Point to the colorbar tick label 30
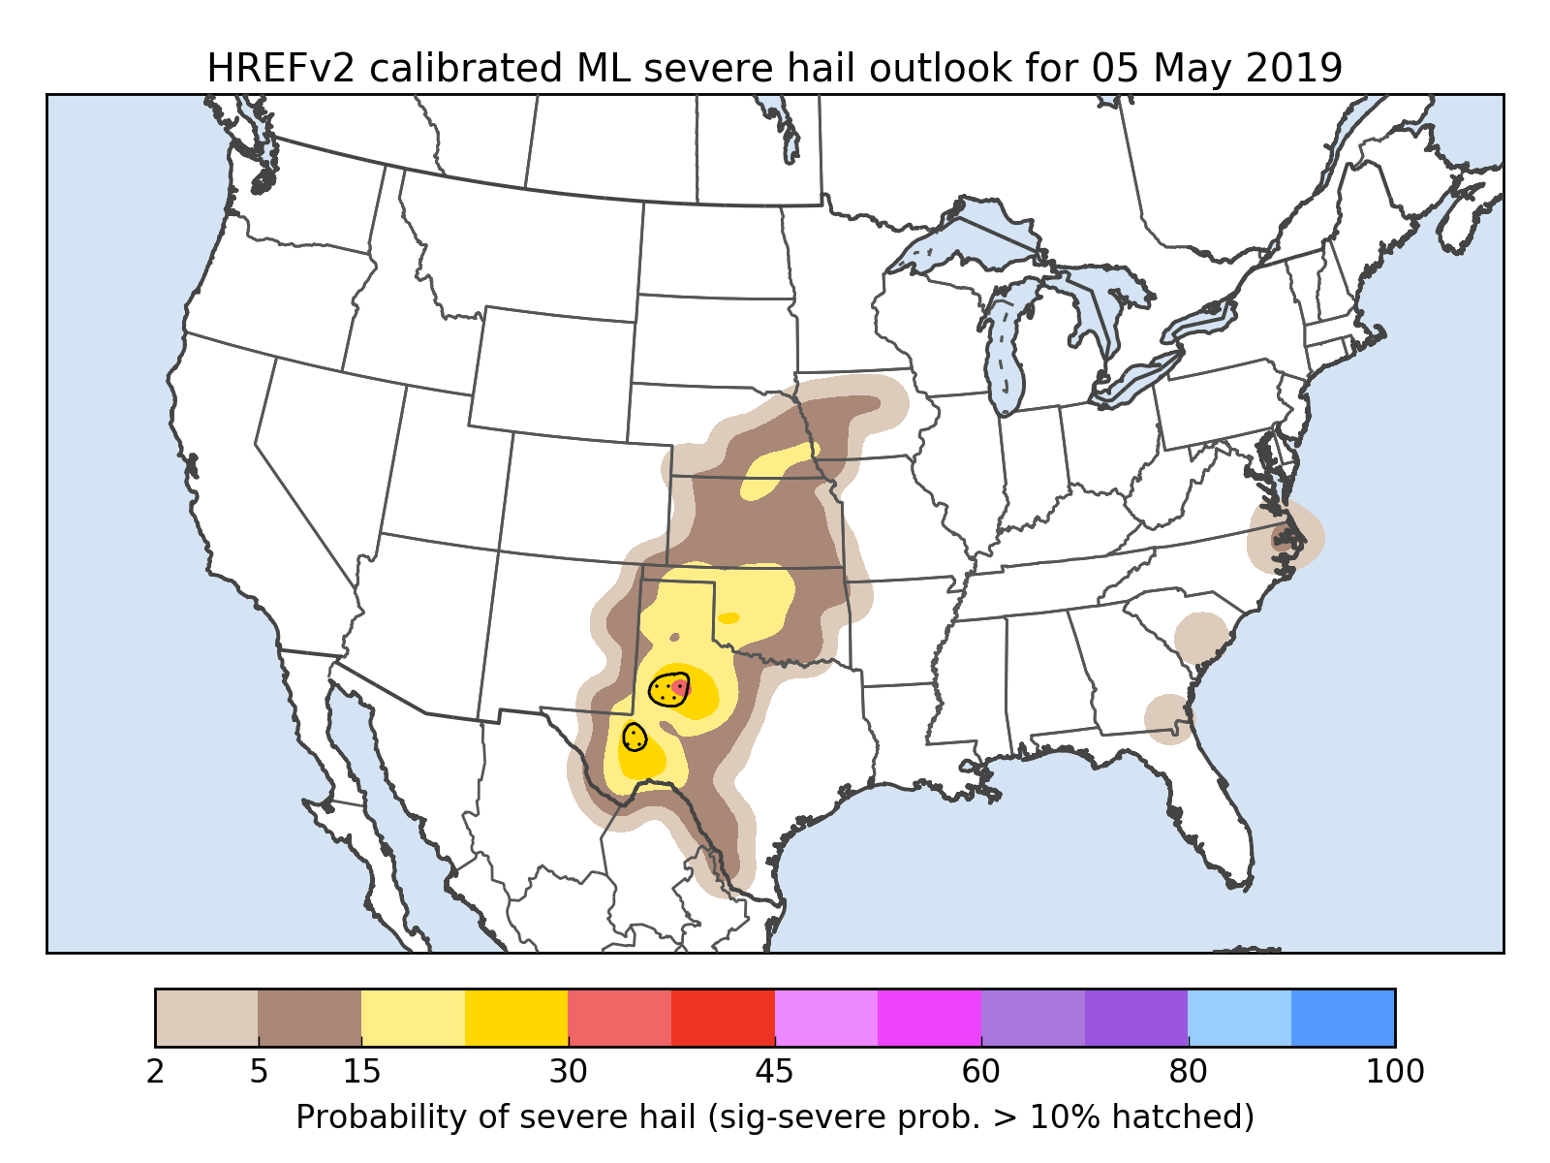pyautogui.click(x=569, y=1072)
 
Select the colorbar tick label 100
pyautogui.click(x=1395, y=1072)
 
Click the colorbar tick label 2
pyautogui.click(x=155, y=1072)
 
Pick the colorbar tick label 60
pyautogui.click(x=981, y=1072)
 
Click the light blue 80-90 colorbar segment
pyautogui.click(x=1240, y=1018)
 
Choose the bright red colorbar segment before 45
pyautogui.click(x=723, y=1018)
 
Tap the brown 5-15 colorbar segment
pyautogui.click(x=310, y=1018)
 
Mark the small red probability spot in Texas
pyautogui.click(x=680, y=687)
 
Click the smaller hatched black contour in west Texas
pyautogui.click(x=634, y=737)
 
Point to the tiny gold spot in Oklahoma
pyautogui.click(x=728, y=617)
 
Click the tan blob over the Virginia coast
pyautogui.click(x=1286, y=537)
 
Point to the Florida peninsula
pyautogui.click(x=1216, y=814)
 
